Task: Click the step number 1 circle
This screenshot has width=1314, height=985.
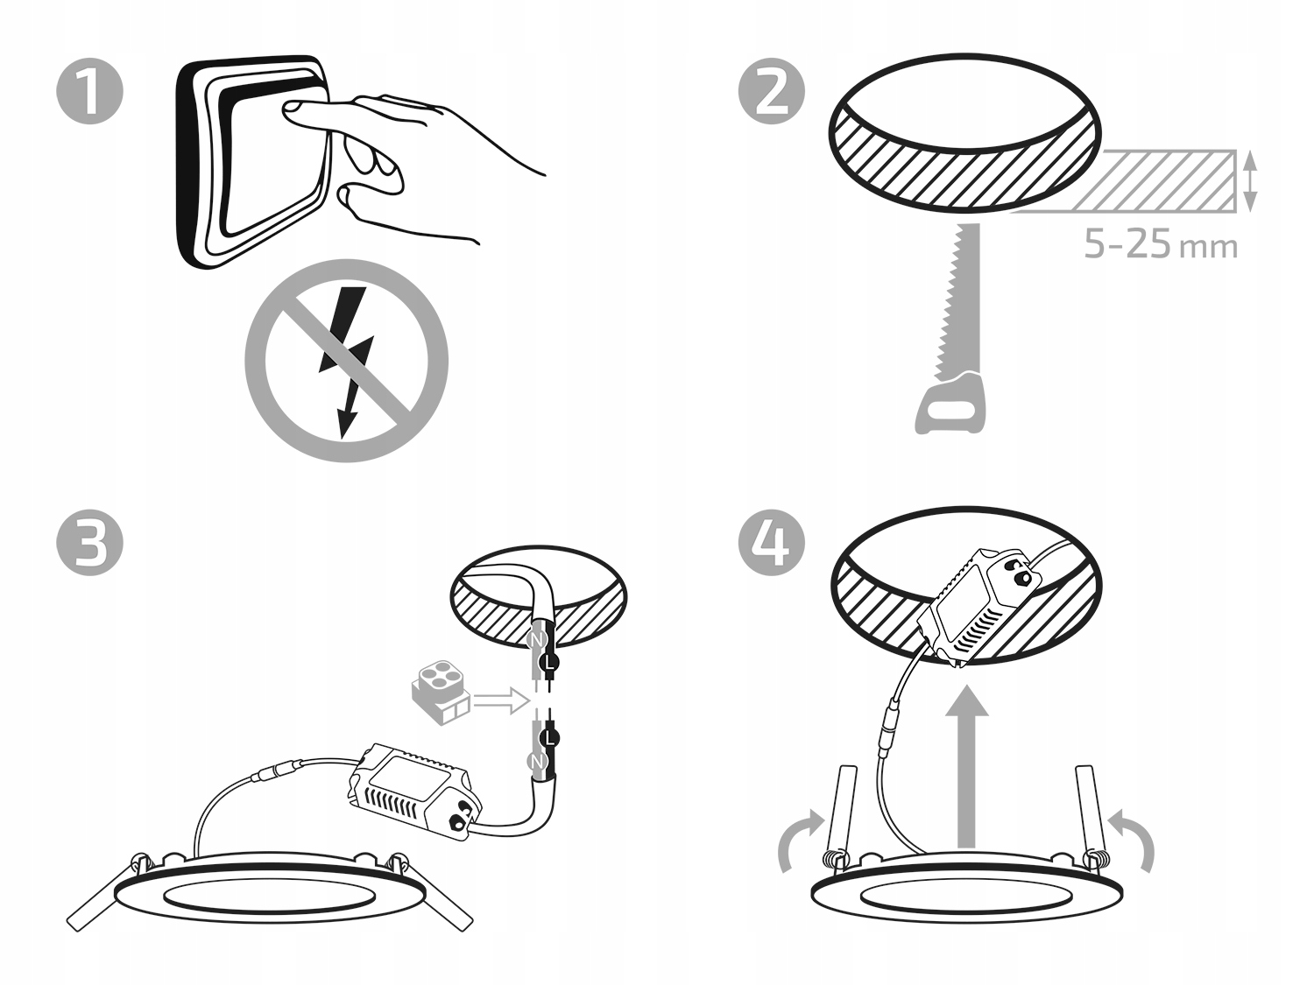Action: tap(90, 92)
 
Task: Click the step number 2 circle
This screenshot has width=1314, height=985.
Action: tap(772, 92)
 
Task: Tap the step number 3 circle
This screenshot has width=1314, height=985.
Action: tap(90, 543)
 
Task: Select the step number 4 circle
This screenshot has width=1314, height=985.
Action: tap(772, 543)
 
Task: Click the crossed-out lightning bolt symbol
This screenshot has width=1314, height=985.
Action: tap(346, 361)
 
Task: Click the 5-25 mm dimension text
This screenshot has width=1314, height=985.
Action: tap(1160, 244)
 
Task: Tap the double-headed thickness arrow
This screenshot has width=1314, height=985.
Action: tap(1250, 181)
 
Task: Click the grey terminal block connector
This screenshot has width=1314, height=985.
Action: tap(439, 692)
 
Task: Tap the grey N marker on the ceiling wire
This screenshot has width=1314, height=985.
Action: tap(536, 640)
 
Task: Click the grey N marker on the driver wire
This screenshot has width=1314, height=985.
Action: tap(536, 762)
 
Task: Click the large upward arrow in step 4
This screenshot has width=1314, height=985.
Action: tap(967, 767)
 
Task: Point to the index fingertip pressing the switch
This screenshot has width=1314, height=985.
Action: tap(290, 109)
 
